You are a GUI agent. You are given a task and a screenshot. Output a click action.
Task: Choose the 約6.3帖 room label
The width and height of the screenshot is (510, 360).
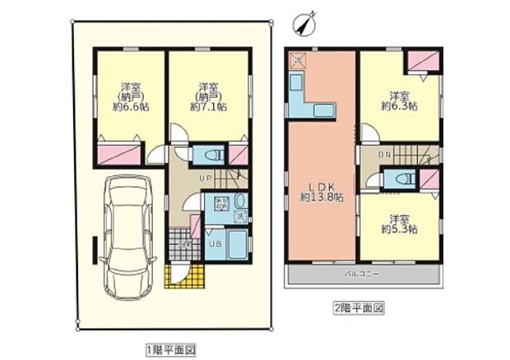(x=399, y=100)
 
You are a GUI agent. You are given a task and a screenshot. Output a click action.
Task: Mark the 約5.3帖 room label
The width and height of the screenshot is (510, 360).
(x=399, y=224)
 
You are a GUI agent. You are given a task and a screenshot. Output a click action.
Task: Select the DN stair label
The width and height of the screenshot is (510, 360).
(x=384, y=154)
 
